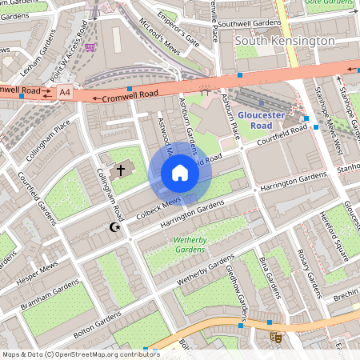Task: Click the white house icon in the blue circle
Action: click(180, 173)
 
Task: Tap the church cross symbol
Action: click(122, 170)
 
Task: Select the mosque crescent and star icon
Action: click(114, 228)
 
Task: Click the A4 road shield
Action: click(65, 93)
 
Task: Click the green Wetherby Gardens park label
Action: click(191, 242)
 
